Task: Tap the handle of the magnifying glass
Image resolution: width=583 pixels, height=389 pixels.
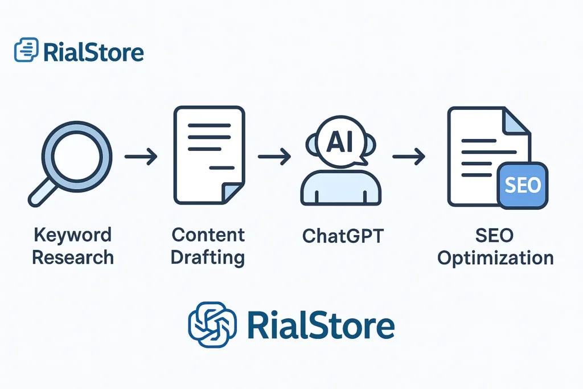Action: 41,193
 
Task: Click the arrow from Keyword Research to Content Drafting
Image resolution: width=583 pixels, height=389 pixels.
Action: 141,157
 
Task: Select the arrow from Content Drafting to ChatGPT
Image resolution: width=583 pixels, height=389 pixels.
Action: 274,156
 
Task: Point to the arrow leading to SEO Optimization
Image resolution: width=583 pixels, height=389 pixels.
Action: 409,156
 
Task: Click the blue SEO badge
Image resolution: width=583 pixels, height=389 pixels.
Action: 523,185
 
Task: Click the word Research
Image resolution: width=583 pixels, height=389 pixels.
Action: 73,257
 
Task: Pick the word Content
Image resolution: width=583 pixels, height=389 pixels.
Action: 208,235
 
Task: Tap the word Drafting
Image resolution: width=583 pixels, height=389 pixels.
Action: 207,258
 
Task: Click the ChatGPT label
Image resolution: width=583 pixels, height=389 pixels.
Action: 343,236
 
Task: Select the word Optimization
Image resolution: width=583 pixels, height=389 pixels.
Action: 495,259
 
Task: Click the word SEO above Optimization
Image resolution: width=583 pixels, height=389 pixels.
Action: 495,235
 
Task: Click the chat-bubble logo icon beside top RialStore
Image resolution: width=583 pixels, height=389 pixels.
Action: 26,50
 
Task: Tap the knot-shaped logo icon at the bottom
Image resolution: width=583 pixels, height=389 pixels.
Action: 212,325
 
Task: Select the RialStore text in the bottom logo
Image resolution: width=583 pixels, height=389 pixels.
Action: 321,326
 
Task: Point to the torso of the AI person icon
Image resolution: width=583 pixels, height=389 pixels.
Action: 340,188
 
